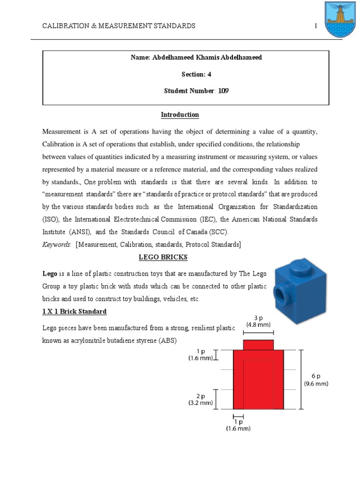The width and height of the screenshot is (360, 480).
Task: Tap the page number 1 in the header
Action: pos(316,26)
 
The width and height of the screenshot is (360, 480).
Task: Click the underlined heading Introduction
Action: pos(180,115)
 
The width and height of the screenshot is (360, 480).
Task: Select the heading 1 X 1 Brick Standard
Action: pos(74,311)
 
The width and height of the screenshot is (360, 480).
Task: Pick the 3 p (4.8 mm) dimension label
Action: pos(258,321)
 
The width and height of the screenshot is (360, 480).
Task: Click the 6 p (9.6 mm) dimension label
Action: pos(316,380)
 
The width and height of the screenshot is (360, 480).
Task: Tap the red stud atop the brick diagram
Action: pos(258,345)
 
